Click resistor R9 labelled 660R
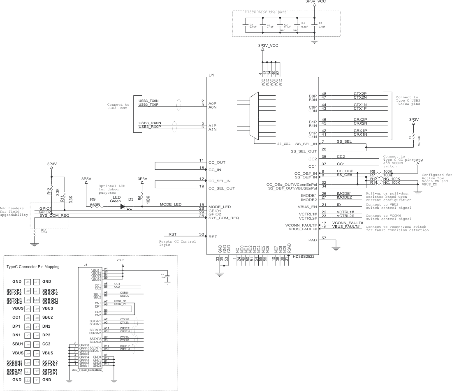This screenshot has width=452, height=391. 97,207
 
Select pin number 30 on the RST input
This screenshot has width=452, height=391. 201,234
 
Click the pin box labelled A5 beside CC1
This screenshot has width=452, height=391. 28,318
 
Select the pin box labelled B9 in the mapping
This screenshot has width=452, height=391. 37,308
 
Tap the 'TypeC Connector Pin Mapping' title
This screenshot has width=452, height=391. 33,267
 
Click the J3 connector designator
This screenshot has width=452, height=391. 86,265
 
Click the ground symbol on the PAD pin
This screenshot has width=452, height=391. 336,248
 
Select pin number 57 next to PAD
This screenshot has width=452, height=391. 324,238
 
